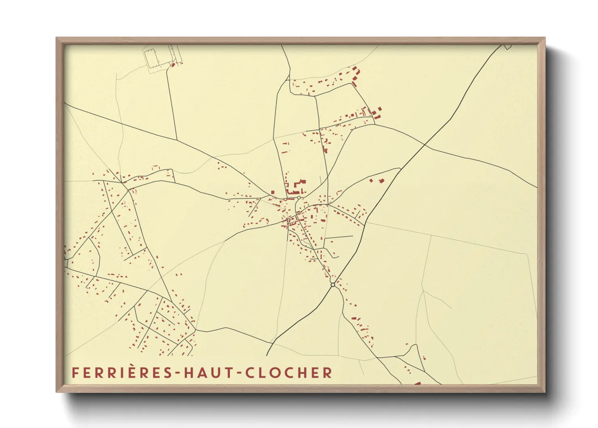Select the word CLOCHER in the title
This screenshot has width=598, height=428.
[288, 373]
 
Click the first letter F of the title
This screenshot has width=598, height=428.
[75, 373]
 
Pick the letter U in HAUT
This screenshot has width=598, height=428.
[217, 373]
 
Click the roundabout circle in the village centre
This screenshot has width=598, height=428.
[299, 198]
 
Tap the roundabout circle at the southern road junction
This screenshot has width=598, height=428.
[333, 285]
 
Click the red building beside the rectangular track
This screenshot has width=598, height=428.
[173, 64]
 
